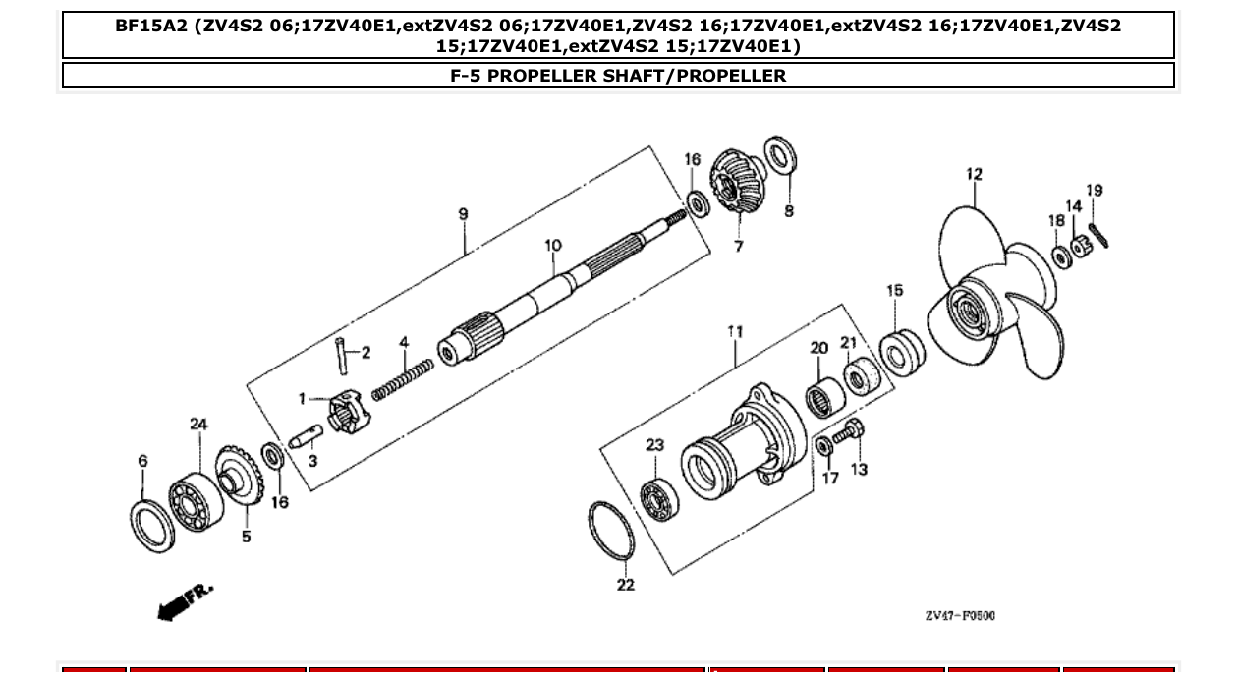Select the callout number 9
point(463,213)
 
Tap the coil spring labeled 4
point(403,378)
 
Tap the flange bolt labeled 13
point(848,433)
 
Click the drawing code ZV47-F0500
point(959,616)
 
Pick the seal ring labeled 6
point(151,526)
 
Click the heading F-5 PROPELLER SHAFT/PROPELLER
point(618,76)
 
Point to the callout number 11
point(735,332)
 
